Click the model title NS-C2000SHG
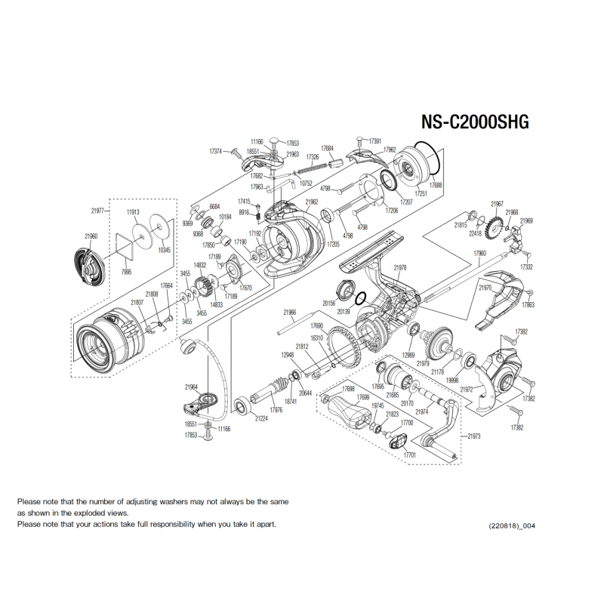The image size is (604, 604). (474, 122)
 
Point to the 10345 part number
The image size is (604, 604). (164, 250)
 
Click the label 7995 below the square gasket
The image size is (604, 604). (127, 270)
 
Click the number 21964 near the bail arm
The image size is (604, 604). (190, 387)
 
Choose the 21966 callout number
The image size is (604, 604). (290, 312)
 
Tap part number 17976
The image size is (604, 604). (276, 410)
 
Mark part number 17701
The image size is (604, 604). (410, 456)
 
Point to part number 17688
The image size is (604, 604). (436, 186)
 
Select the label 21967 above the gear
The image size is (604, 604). (497, 204)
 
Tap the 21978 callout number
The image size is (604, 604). (400, 267)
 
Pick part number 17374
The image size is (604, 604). (215, 151)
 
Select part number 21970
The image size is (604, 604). (485, 288)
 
